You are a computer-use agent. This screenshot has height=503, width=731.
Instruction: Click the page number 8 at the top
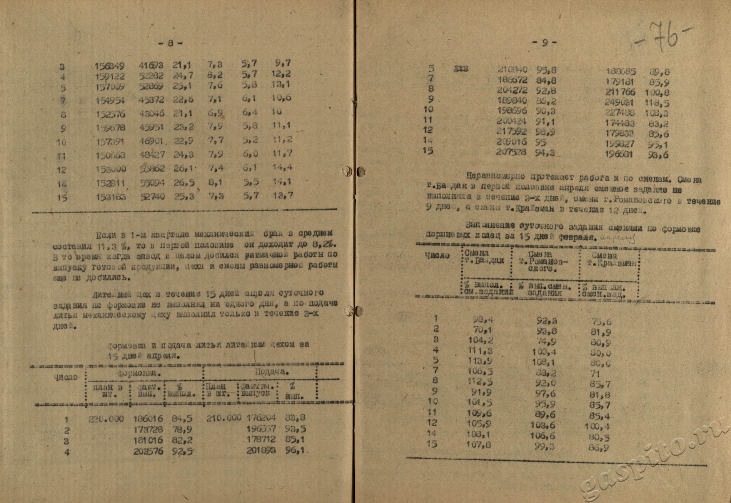[170, 43]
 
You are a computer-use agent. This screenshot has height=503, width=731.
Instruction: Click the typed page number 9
[544, 43]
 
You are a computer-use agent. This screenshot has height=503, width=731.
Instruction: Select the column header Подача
[272, 372]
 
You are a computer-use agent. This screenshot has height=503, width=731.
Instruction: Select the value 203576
[148, 451]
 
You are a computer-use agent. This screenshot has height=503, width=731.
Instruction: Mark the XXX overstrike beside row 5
[461, 70]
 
